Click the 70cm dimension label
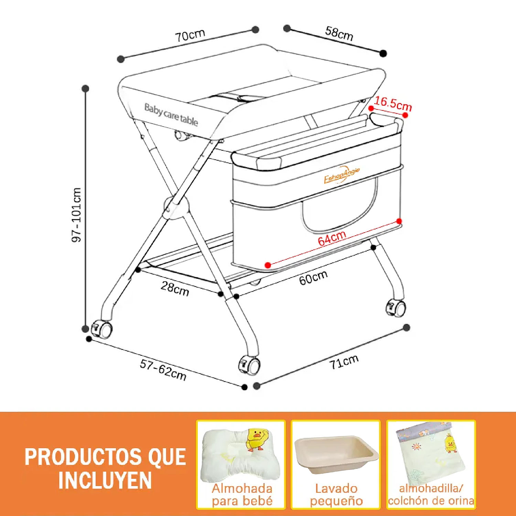[191, 36]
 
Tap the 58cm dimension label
[339, 33]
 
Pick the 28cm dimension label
[175, 288]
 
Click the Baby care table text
[171, 115]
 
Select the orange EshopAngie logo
[342, 175]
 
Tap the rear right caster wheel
[396, 308]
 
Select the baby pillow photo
[240, 455]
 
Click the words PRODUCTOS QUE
[105, 457]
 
